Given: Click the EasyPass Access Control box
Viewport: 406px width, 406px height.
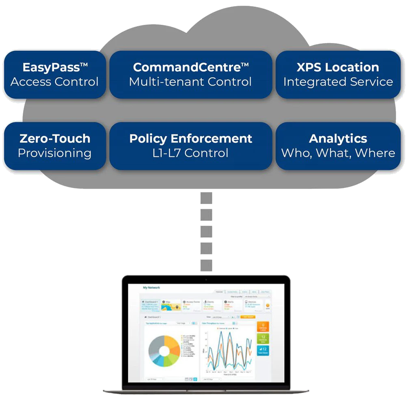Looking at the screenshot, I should [x=54, y=74].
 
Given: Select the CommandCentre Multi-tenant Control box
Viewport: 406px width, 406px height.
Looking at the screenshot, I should [x=190, y=74].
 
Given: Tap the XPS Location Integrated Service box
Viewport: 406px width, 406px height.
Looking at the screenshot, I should [x=338, y=74].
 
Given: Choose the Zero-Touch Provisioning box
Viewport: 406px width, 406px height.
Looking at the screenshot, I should [x=54, y=146].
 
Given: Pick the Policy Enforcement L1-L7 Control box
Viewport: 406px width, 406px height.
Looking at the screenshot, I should [x=190, y=146].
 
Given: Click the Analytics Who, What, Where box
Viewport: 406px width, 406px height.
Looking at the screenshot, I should [x=338, y=146].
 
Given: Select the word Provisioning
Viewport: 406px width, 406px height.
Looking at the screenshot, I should [x=54, y=153].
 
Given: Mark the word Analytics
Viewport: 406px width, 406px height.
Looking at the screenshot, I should [x=338, y=138].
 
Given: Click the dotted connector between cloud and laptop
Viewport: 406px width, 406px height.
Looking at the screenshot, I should [x=206, y=231].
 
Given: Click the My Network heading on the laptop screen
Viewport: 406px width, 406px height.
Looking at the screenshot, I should [x=151, y=288].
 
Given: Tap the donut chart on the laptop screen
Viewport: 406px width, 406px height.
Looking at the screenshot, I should [x=164, y=351].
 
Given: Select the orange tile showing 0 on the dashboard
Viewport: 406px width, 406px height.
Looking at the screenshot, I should [x=263, y=327].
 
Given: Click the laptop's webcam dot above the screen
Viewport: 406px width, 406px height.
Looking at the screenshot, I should [x=206, y=280].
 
